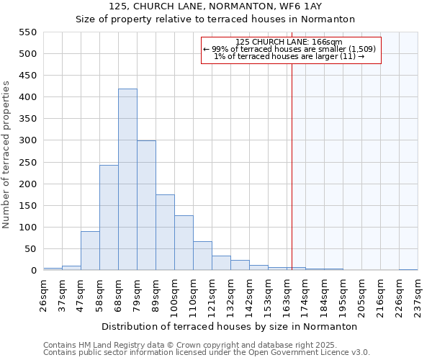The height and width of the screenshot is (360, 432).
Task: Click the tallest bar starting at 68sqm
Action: [127, 180]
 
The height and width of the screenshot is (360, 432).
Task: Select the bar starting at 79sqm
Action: [146, 206]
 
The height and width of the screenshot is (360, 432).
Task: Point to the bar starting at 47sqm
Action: [90, 251]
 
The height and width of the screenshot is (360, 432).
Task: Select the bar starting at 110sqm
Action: [202, 256]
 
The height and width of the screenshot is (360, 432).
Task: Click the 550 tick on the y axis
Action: [27, 32]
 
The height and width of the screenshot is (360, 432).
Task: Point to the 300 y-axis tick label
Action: [27, 140]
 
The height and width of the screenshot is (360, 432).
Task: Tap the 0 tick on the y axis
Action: [32, 271]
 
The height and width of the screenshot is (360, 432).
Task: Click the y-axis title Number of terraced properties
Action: [7, 155]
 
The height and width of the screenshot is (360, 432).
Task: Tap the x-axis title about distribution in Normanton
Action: [230, 326]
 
